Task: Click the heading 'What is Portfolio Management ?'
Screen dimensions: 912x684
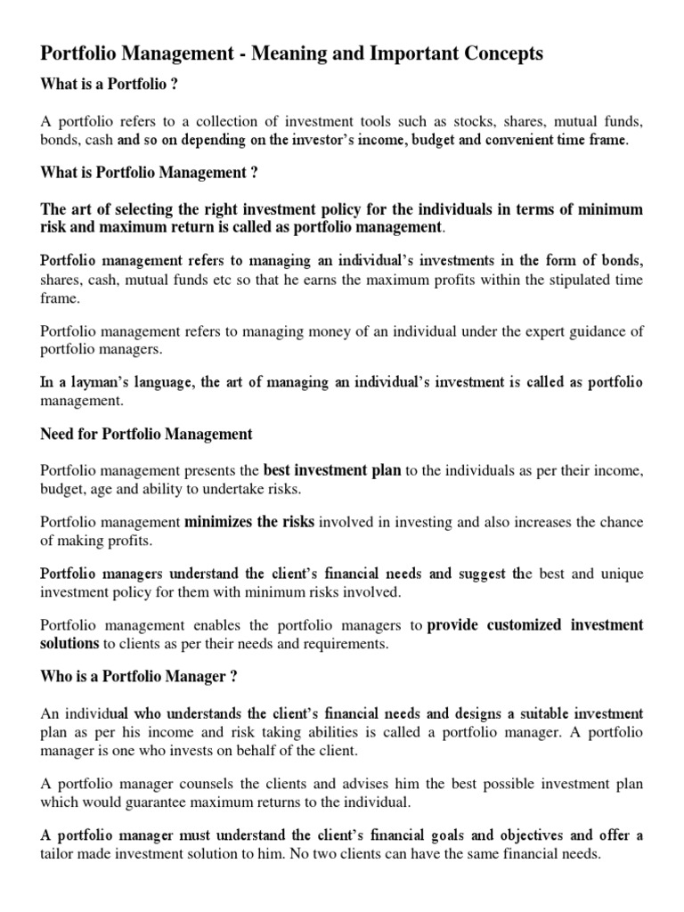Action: [149, 172]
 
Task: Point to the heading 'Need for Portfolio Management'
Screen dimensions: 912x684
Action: [147, 434]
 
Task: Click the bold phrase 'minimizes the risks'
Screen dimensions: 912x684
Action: [249, 522]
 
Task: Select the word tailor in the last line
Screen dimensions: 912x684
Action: [61, 853]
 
